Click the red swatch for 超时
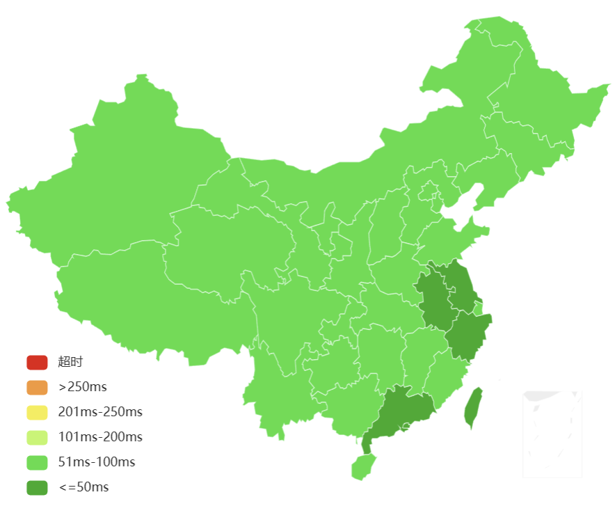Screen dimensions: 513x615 (x=37, y=362)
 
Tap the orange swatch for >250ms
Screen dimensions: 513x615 (x=37, y=387)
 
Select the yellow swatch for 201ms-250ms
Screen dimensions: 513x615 (x=37, y=412)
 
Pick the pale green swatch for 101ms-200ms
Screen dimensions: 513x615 (x=37, y=437)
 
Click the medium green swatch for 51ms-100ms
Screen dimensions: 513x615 (x=37, y=462)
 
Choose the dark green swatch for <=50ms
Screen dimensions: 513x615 (x=37, y=487)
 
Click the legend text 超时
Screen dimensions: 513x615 (x=70, y=362)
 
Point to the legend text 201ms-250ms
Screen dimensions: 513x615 (x=100, y=412)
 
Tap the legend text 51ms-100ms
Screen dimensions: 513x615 (x=97, y=462)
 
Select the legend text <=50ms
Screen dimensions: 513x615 (x=83, y=487)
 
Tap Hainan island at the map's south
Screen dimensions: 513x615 (x=362, y=466)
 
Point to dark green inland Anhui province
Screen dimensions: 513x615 (x=435, y=299)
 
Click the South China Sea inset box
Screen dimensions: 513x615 (x=552, y=434)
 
